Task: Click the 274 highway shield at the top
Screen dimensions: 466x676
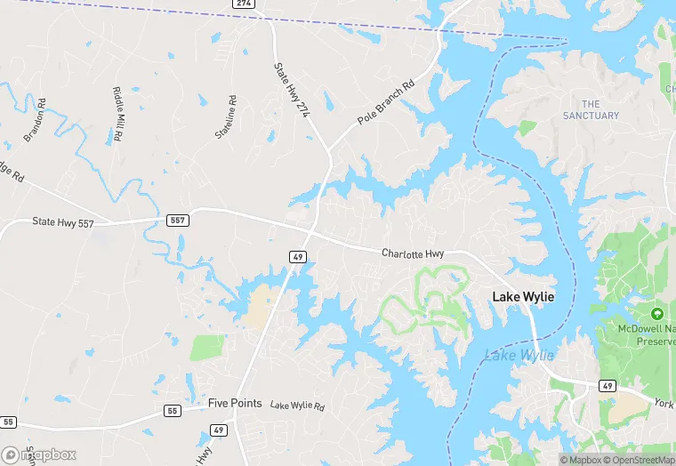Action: click(x=245, y=4)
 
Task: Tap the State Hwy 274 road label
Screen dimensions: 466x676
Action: click(x=291, y=91)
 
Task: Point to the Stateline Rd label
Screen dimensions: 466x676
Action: click(x=226, y=117)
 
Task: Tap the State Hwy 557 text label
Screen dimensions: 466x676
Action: click(x=62, y=222)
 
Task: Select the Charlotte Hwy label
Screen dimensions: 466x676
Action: click(x=413, y=253)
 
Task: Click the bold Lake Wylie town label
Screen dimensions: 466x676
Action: click(x=524, y=296)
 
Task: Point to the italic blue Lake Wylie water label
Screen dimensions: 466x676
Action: click(x=519, y=356)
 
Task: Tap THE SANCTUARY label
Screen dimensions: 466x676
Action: click(x=591, y=110)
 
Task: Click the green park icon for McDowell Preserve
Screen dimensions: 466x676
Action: click(x=657, y=315)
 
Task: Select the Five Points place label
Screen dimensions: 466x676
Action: click(x=235, y=403)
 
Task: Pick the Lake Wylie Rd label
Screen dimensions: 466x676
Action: click(x=297, y=406)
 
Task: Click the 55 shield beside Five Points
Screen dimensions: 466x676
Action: click(x=173, y=411)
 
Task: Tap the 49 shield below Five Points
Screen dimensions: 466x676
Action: click(x=219, y=430)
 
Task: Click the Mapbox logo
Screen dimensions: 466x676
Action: click(x=39, y=454)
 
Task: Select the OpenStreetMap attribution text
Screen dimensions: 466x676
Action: click(x=637, y=460)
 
